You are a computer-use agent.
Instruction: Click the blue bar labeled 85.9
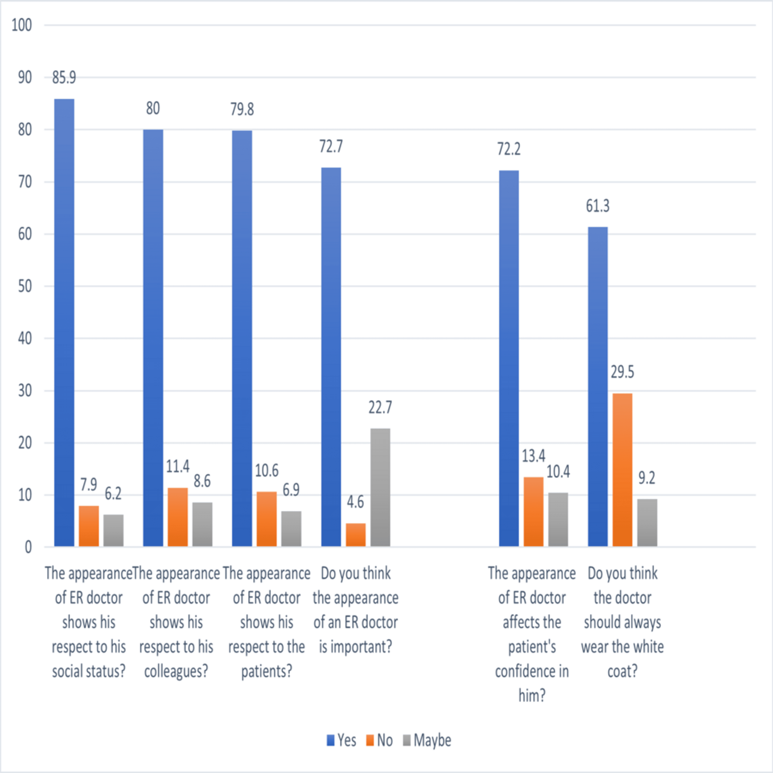(x=64, y=323)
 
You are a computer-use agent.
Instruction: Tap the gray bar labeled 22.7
(x=380, y=487)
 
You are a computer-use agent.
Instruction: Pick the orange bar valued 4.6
(x=356, y=535)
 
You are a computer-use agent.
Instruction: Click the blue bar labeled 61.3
(x=598, y=386)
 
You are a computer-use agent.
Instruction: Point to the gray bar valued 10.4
(x=558, y=519)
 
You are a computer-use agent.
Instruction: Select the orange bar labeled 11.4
(x=178, y=517)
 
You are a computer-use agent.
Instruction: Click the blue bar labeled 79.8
(x=242, y=339)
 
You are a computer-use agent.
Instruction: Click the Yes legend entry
(x=341, y=740)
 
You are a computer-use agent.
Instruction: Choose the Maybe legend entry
(x=427, y=740)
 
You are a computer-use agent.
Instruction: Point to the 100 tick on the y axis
(x=22, y=25)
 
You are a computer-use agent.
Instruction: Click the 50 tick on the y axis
(x=25, y=287)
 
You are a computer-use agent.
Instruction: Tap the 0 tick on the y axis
(x=28, y=547)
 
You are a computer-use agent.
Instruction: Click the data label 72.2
(x=509, y=149)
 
